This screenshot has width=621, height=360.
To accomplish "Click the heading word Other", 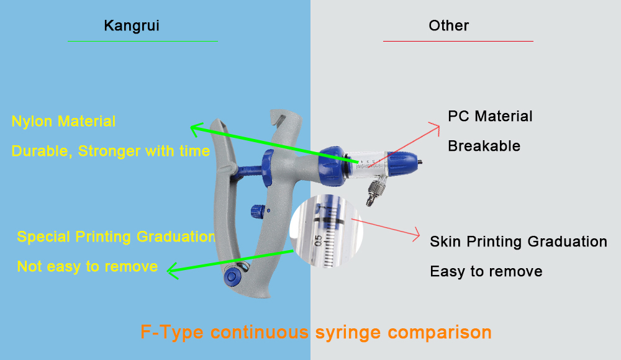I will [x=448, y=26].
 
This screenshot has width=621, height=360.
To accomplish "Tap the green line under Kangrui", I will [x=143, y=41].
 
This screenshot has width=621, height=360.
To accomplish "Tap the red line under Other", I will [x=458, y=41].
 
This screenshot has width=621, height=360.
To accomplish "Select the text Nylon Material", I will [x=63, y=122].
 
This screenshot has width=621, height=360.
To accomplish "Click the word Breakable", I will [x=484, y=146].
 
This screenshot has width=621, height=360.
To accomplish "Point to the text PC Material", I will [x=490, y=117].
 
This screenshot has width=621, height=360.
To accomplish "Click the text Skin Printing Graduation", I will [x=518, y=242].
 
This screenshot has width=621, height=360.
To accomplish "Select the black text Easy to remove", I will [x=486, y=272].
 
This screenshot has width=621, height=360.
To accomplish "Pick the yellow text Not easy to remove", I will [x=87, y=267].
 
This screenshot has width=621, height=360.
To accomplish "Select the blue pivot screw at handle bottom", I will [x=232, y=276].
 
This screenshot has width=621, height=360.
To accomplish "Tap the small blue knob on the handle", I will [x=255, y=211].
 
